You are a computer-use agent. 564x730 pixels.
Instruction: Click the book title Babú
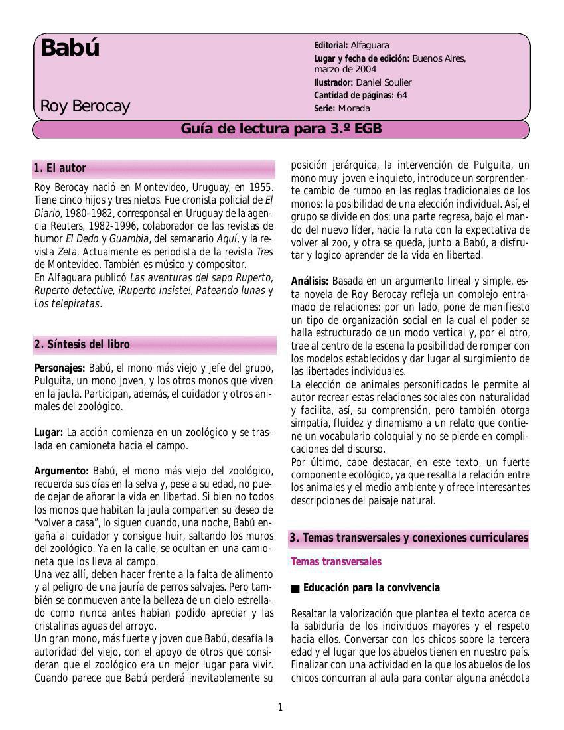click(70, 48)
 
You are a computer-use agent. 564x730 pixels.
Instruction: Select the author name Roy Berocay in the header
click(85, 106)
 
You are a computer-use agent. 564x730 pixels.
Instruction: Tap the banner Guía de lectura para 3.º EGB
click(281, 129)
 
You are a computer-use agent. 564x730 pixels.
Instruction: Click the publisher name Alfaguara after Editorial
click(370, 45)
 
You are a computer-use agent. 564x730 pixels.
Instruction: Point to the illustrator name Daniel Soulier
click(384, 82)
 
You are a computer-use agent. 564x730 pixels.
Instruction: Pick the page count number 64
click(402, 95)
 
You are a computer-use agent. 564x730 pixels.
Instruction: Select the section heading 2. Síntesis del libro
click(82, 344)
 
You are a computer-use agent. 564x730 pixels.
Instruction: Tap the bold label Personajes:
click(60, 368)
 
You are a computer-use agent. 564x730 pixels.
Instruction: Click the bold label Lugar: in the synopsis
click(48, 433)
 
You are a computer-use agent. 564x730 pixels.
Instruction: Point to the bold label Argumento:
click(62, 471)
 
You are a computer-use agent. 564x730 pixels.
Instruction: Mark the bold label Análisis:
click(310, 281)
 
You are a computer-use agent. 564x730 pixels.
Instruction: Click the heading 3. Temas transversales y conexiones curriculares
click(409, 538)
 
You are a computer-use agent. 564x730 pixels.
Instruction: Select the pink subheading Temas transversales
click(336, 562)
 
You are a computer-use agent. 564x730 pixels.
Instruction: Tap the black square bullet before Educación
click(295, 589)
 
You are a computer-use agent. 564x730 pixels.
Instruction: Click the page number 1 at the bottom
click(280, 707)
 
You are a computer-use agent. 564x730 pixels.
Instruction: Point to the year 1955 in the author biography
click(259, 187)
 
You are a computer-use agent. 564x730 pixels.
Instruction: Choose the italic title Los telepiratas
click(67, 304)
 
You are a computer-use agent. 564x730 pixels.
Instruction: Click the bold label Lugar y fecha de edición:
click(362, 58)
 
